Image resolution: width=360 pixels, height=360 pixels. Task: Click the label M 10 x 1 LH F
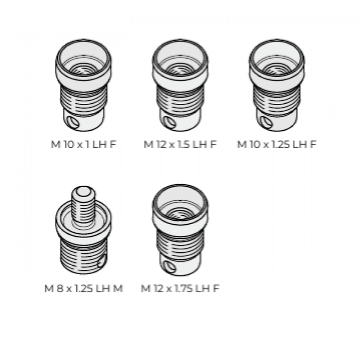point(84,144)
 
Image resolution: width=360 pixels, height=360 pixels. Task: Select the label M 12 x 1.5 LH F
point(180,144)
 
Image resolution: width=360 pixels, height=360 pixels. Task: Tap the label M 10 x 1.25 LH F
point(276,144)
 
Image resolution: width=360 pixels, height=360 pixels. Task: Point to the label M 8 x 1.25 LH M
point(84,288)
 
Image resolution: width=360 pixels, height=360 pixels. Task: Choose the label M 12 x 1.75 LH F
point(180,288)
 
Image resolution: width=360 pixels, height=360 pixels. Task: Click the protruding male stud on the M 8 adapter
point(83,204)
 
